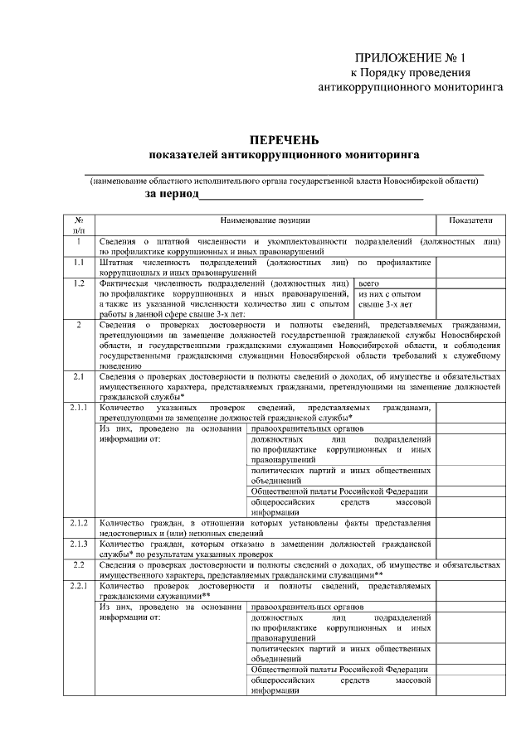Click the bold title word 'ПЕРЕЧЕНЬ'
tap(284, 140)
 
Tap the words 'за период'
tap(173, 193)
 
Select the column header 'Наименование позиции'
tap(265, 220)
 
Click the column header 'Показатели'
tap(470, 220)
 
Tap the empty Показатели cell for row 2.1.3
tap(470, 548)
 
